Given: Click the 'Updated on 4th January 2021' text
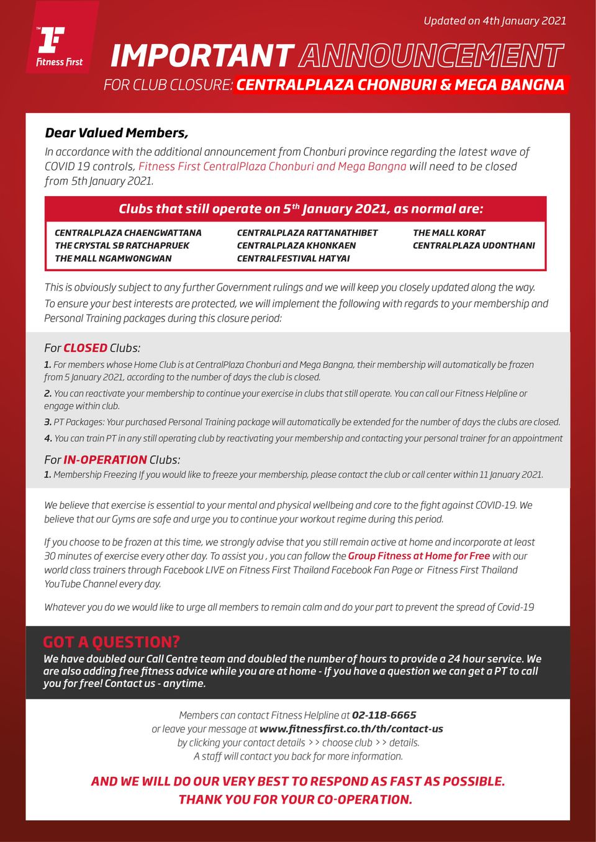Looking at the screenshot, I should pos(494,20).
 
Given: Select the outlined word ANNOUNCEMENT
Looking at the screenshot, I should pos(431,56).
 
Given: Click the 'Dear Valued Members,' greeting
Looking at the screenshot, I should pos(116,133).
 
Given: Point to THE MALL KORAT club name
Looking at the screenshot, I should pos(449,233).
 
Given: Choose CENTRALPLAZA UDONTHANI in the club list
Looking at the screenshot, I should pos(474,246).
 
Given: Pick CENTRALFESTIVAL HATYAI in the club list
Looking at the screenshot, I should pos(293,259).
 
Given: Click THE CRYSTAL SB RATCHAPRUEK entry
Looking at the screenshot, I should pos(122,246).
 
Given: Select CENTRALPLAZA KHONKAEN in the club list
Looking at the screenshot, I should pos(296,246).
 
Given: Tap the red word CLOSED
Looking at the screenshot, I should pos(85,348).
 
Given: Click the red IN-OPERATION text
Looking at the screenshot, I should pos(105,460).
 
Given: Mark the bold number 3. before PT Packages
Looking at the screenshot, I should pos(48,422).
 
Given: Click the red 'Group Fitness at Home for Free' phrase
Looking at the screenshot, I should pos(418,556).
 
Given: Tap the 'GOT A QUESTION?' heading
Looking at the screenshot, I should pos(112,642).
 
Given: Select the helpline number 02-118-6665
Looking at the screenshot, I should pos(384,715).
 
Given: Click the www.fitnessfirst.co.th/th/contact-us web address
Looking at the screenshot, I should pos(351,729).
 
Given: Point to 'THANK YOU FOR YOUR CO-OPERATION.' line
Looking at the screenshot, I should pos(296,800).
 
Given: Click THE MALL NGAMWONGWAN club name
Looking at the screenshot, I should pos(113,259).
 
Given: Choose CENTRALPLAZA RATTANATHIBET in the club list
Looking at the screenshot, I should pos(307,233).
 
